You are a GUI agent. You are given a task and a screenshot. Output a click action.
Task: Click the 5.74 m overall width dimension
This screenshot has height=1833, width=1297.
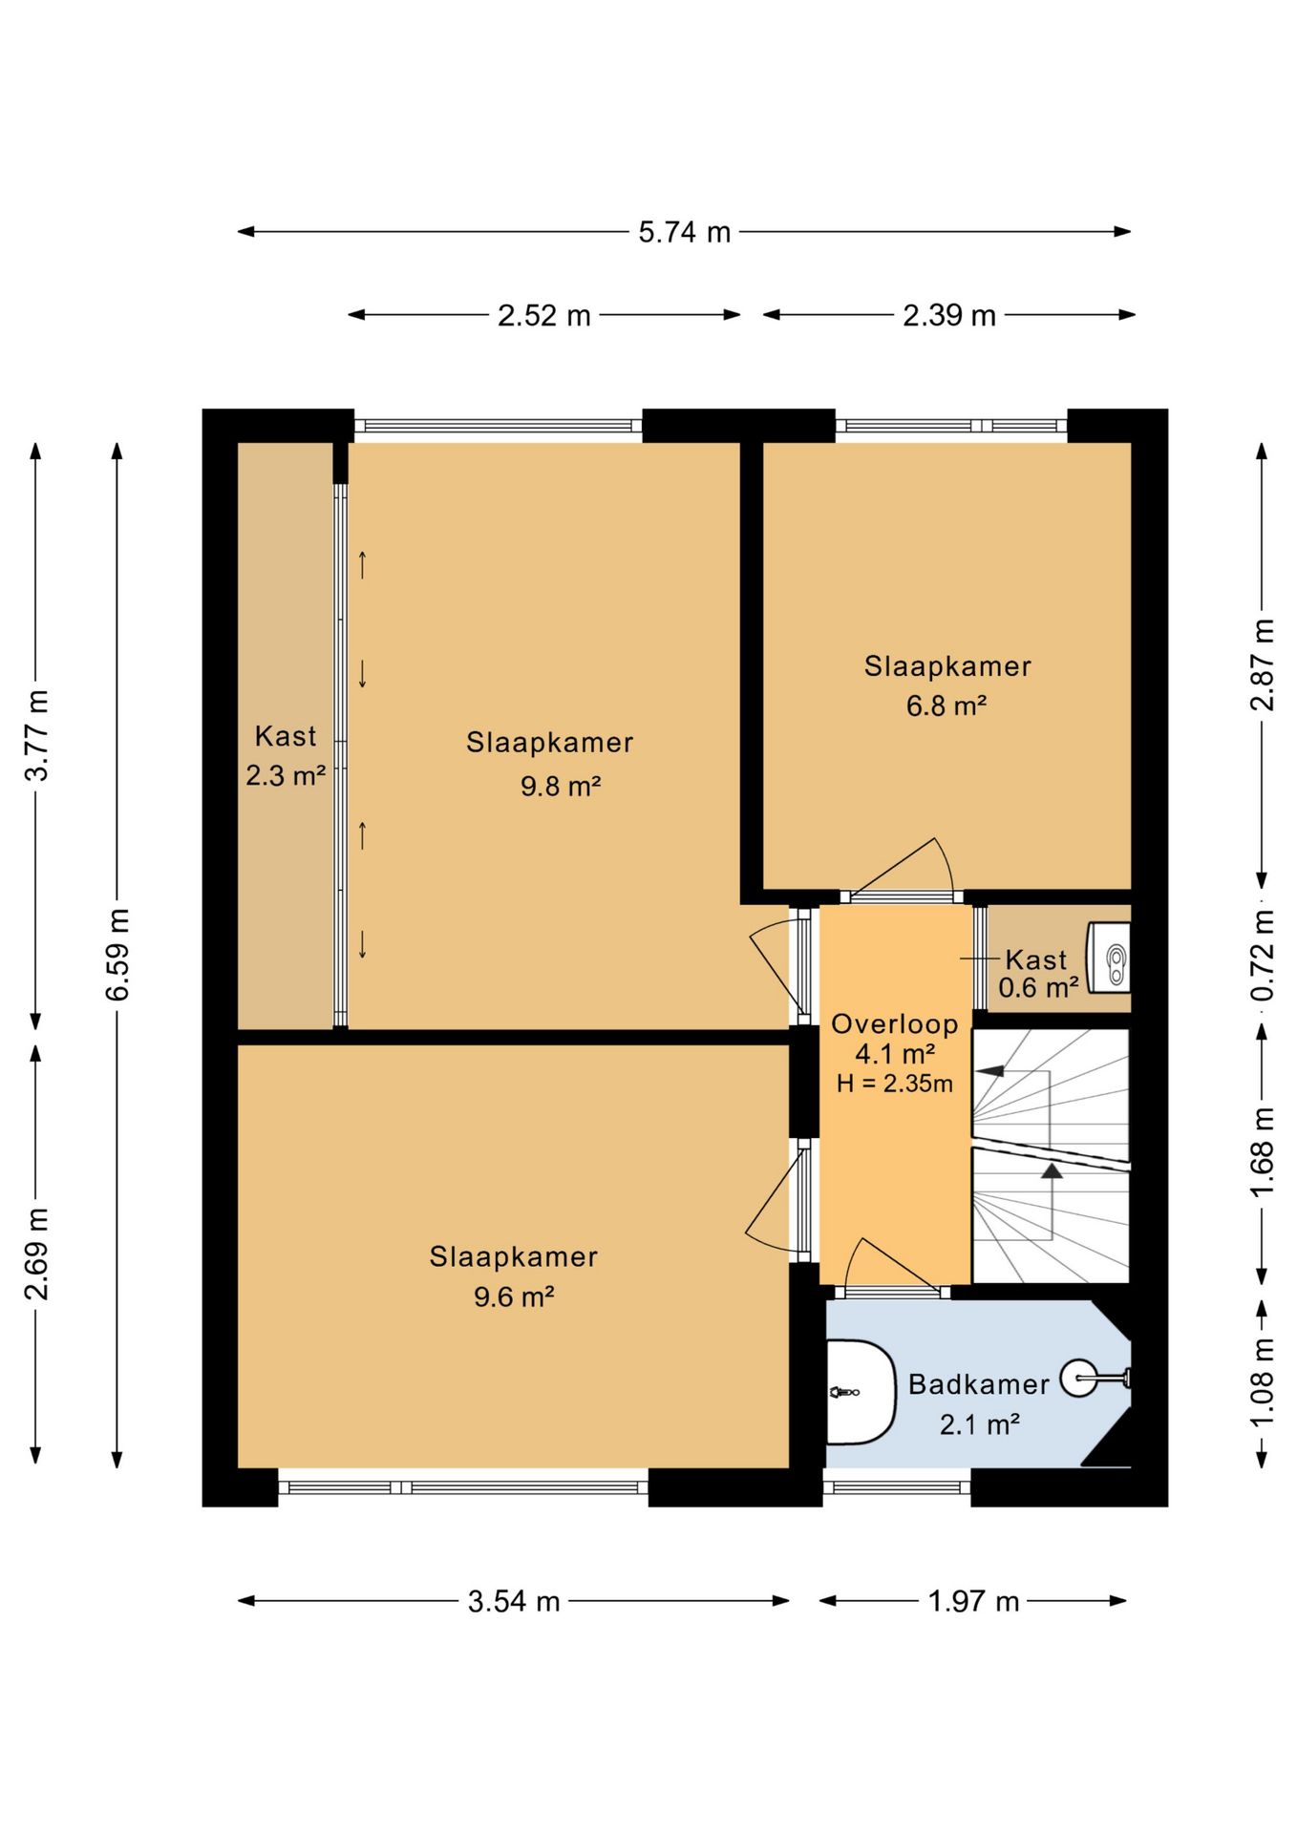click(684, 232)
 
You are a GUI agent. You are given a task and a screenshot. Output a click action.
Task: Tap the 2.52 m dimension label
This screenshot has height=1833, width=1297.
click(543, 315)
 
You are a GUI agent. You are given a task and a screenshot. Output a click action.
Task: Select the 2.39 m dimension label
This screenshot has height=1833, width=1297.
click(949, 315)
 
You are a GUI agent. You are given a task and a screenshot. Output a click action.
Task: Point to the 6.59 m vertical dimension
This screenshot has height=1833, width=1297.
click(117, 954)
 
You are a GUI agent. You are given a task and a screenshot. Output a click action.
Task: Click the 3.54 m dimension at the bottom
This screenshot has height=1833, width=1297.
click(514, 1601)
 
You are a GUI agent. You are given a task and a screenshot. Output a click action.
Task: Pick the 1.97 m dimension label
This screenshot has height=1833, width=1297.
click(973, 1601)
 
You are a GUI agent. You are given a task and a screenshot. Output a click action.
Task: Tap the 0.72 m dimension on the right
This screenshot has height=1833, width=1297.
click(1263, 955)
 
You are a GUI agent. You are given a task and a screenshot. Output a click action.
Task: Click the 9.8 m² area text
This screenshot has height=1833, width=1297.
click(561, 786)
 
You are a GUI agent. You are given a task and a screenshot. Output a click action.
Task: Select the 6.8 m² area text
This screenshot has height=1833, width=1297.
click(946, 706)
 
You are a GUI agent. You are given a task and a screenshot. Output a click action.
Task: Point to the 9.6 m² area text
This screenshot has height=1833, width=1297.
click(514, 1296)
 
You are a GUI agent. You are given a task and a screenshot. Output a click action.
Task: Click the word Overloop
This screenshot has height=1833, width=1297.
click(895, 1024)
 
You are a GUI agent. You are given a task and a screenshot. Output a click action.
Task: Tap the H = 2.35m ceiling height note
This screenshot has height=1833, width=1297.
click(895, 1084)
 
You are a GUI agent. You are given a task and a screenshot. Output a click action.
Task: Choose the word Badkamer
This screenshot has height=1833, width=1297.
click(979, 1384)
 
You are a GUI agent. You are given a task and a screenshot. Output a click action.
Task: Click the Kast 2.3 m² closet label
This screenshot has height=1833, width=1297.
click(286, 755)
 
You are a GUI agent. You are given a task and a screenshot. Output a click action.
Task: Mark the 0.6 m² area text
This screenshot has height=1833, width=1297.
click(1039, 986)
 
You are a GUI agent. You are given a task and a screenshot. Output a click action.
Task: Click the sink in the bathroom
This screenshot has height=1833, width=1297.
click(860, 1393)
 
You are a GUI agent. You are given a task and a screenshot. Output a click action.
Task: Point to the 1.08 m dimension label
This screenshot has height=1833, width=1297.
click(1263, 1383)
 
